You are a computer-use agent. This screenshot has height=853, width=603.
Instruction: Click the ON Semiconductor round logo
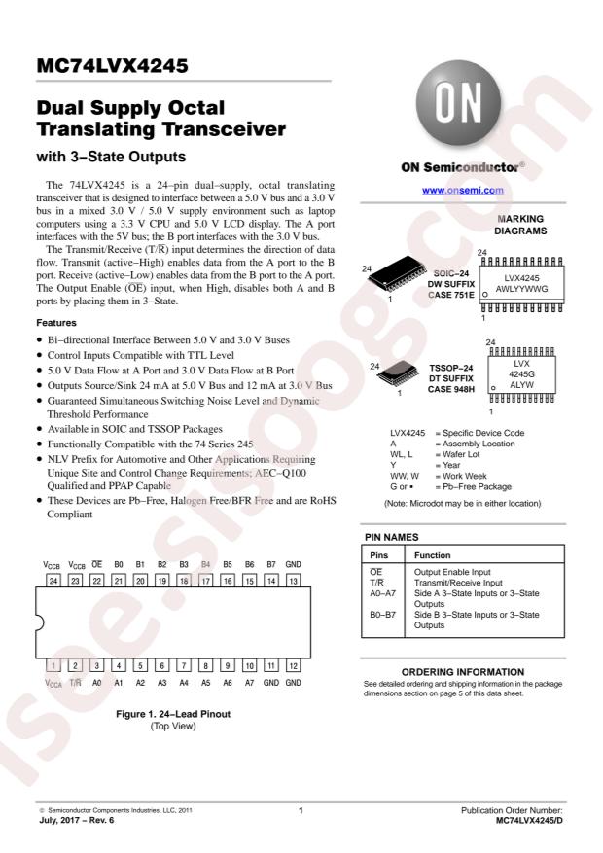pyautogui.click(x=458, y=103)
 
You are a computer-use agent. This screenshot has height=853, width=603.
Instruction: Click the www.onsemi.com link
pyautogui.click(x=463, y=191)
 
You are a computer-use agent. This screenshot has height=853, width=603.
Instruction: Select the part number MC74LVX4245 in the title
pyautogui.click(x=113, y=66)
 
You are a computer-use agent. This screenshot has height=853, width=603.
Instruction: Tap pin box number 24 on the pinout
pyautogui.click(x=53, y=581)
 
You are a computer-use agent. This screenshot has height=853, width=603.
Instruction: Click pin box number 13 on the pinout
pyautogui.click(x=293, y=581)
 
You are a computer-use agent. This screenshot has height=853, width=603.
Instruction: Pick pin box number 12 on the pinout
pyautogui.click(x=293, y=665)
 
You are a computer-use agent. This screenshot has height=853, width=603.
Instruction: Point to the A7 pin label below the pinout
pyautogui.click(x=249, y=682)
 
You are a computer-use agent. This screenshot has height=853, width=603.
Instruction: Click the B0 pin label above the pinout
pyautogui.click(x=119, y=564)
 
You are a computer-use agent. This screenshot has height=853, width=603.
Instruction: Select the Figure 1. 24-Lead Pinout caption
pyautogui.click(x=173, y=714)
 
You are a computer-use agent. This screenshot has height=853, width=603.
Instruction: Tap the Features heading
pyautogui.click(x=56, y=323)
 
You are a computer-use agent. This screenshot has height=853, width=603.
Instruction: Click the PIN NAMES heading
pyautogui.click(x=392, y=537)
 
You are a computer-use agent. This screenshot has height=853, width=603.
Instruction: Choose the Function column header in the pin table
pyautogui.click(x=432, y=555)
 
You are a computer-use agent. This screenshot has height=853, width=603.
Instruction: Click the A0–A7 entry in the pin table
pyautogui.click(x=383, y=593)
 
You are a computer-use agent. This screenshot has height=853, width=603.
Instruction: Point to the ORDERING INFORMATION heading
pyautogui.click(x=463, y=672)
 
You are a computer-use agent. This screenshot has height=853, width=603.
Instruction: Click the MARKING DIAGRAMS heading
pyautogui.click(x=520, y=225)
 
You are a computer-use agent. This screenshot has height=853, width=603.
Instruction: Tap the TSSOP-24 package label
pyautogui.click(x=450, y=368)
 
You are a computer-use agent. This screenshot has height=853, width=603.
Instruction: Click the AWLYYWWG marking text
pyautogui.click(x=521, y=289)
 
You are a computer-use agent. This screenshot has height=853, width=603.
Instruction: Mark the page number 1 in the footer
pyautogui.click(x=301, y=810)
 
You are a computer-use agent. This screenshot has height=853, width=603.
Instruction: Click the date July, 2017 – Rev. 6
pyautogui.click(x=76, y=820)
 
